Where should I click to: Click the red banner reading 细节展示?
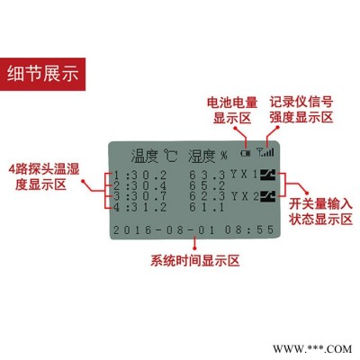(x=42, y=74)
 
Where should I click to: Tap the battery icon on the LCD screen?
(x=246, y=153)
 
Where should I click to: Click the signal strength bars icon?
(x=265, y=152)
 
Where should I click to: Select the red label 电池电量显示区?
(x=232, y=111)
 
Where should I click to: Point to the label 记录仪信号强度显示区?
(x=301, y=110)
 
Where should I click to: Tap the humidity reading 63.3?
(x=207, y=175)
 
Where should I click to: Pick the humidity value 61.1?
(x=207, y=207)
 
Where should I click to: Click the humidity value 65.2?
(x=207, y=185)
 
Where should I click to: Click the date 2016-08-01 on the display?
(x=164, y=230)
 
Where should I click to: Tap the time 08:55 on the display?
(x=249, y=229)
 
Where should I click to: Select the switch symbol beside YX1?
(x=267, y=175)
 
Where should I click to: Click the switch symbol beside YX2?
(x=267, y=196)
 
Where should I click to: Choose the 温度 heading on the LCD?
(x=144, y=156)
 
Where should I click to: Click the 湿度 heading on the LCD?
(x=202, y=156)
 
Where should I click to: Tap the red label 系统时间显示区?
(x=195, y=261)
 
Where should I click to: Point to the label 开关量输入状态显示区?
(x=320, y=211)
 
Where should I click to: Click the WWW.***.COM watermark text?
(x=312, y=349)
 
